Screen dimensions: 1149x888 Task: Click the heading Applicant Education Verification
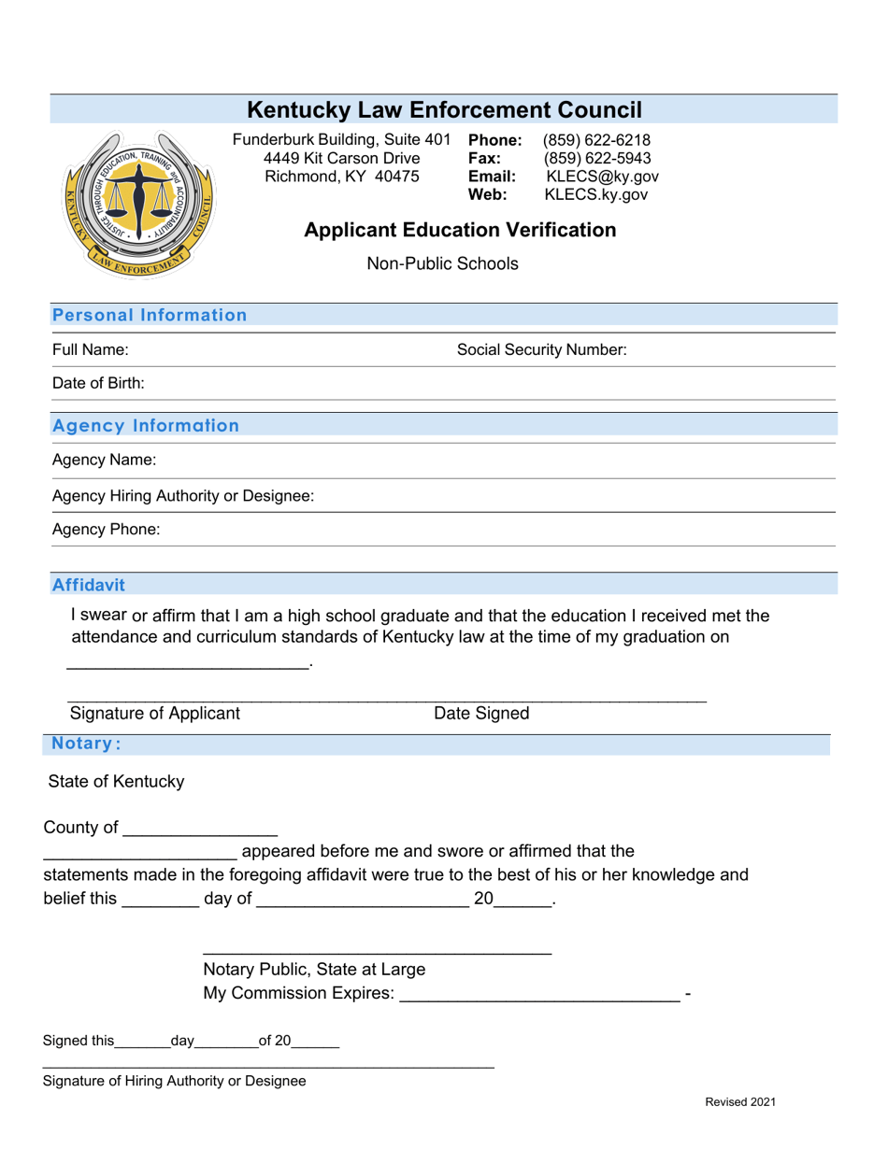(x=460, y=230)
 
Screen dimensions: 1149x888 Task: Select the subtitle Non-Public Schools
(x=442, y=263)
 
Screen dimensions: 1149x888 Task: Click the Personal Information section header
(x=150, y=315)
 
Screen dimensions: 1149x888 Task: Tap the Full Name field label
(x=91, y=350)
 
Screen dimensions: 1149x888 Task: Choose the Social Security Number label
(x=541, y=350)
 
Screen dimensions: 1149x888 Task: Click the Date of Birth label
(x=98, y=383)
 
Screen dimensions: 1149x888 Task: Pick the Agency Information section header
(x=147, y=426)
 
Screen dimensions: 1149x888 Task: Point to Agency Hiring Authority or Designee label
(x=183, y=496)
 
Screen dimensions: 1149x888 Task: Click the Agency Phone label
(x=107, y=530)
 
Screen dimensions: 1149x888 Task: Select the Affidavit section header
(x=89, y=585)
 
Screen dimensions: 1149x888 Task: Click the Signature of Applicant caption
(x=155, y=714)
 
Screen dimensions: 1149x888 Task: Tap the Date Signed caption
(x=481, y=714)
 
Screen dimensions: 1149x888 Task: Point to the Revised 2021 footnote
(x=739, y=1102)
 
